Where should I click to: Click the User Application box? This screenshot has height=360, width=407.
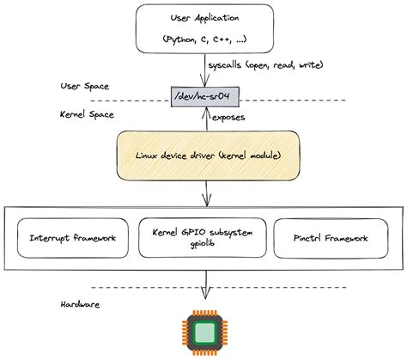[203, 27]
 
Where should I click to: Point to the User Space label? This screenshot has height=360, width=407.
[84, 88]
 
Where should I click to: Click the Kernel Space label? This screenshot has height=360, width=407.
[88, 113]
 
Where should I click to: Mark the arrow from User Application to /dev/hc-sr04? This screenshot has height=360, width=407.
[204, 69]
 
